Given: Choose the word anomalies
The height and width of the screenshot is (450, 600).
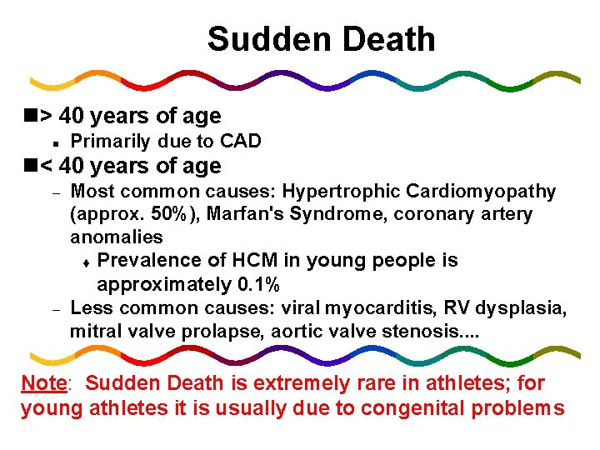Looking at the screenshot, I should point(116,237).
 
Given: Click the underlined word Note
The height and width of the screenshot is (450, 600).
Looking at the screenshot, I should point(43,383).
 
